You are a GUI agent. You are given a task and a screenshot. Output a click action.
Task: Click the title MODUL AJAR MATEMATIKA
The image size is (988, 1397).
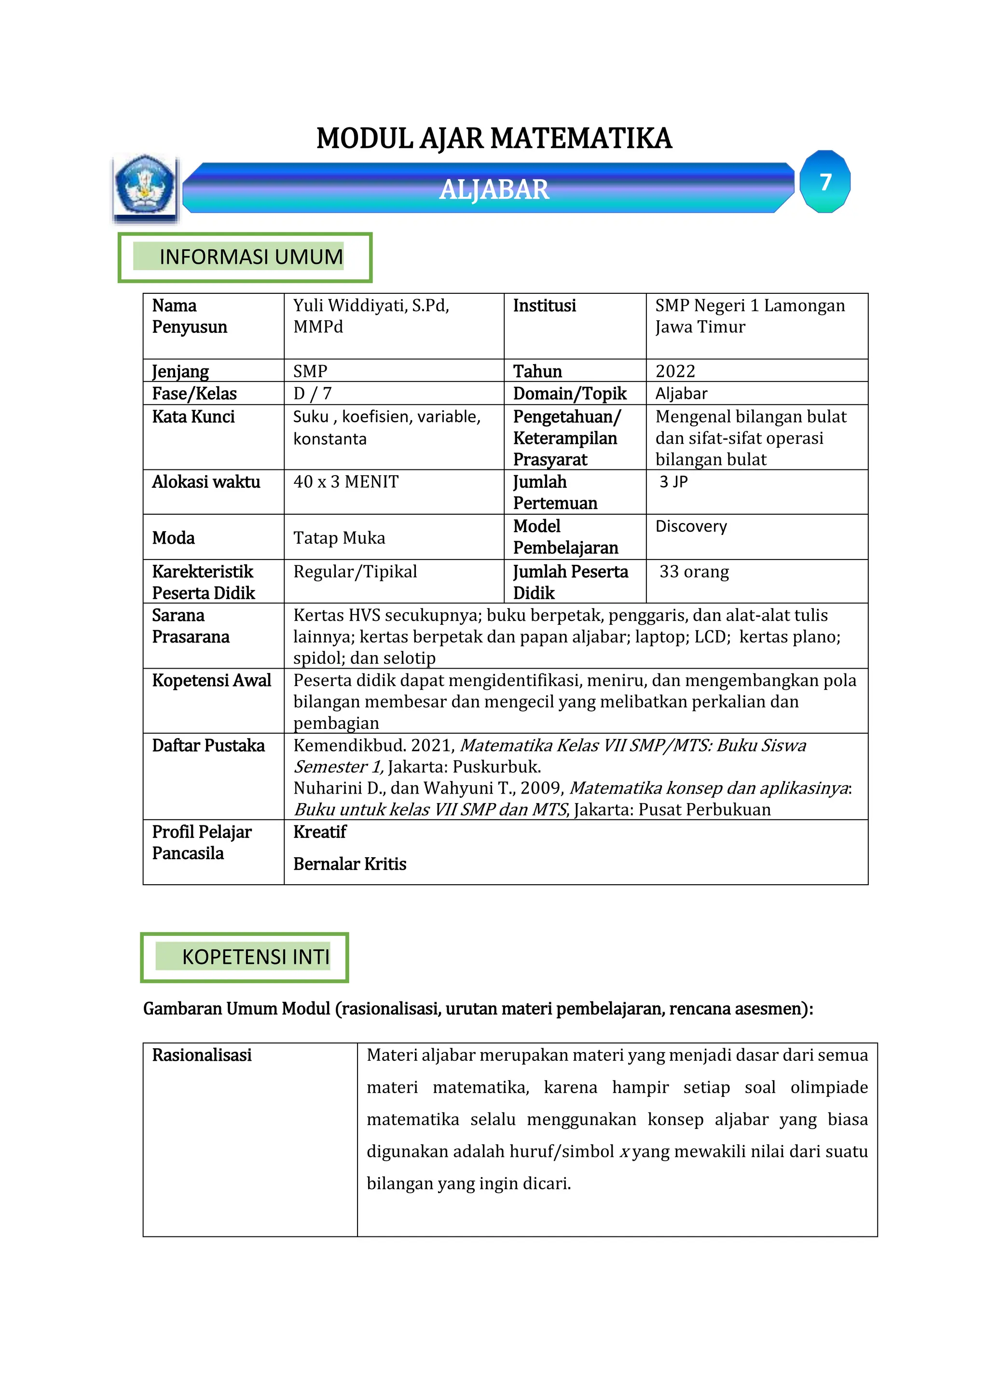tap(494, 138)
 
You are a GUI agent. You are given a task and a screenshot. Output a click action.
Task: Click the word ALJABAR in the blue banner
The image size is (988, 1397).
tap(494, 189)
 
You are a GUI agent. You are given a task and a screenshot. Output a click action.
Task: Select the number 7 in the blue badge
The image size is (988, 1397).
tap(825, 182)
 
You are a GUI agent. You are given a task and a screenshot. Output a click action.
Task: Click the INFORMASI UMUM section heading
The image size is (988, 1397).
tap(251, 257)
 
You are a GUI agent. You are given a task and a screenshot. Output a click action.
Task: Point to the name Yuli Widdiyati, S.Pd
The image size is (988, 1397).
tap(371, 305)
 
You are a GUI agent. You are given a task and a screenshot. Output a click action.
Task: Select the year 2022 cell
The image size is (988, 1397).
tap(675, 370)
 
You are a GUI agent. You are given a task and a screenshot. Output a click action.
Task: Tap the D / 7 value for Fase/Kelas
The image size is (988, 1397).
tap(312, 394)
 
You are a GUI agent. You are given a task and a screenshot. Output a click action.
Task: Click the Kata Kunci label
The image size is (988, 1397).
tap(193, 417)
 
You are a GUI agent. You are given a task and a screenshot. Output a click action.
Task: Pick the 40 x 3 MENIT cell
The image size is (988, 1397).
tap(345, 482)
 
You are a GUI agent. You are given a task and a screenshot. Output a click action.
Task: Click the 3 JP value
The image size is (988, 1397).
tap(673, 482)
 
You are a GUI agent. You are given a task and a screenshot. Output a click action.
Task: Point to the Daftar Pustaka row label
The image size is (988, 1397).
tap(208, 745)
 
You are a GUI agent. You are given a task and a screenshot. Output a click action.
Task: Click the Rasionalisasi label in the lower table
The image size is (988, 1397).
tap(201, 1055)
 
